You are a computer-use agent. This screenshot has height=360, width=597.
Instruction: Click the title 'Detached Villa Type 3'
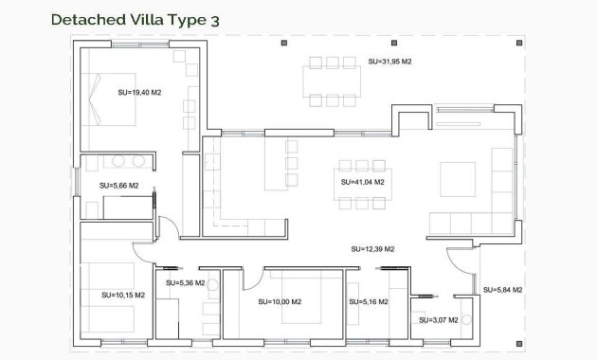[x=138, y=18]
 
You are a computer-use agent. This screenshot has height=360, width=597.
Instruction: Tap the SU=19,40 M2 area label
[x=139, y=93]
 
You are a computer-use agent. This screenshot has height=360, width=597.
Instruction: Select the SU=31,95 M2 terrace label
[x=389, y=62]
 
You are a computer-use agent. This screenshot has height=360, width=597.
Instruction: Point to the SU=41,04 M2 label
[x=363, y=181]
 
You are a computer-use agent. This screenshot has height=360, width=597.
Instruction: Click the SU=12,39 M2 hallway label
[x=372, y=249]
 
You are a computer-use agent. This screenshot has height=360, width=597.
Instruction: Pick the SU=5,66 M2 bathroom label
[x=118, y=186]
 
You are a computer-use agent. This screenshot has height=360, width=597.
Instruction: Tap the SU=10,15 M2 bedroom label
[x=123, y=295]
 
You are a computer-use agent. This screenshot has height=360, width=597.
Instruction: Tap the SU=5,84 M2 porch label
[x=502, y=290]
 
